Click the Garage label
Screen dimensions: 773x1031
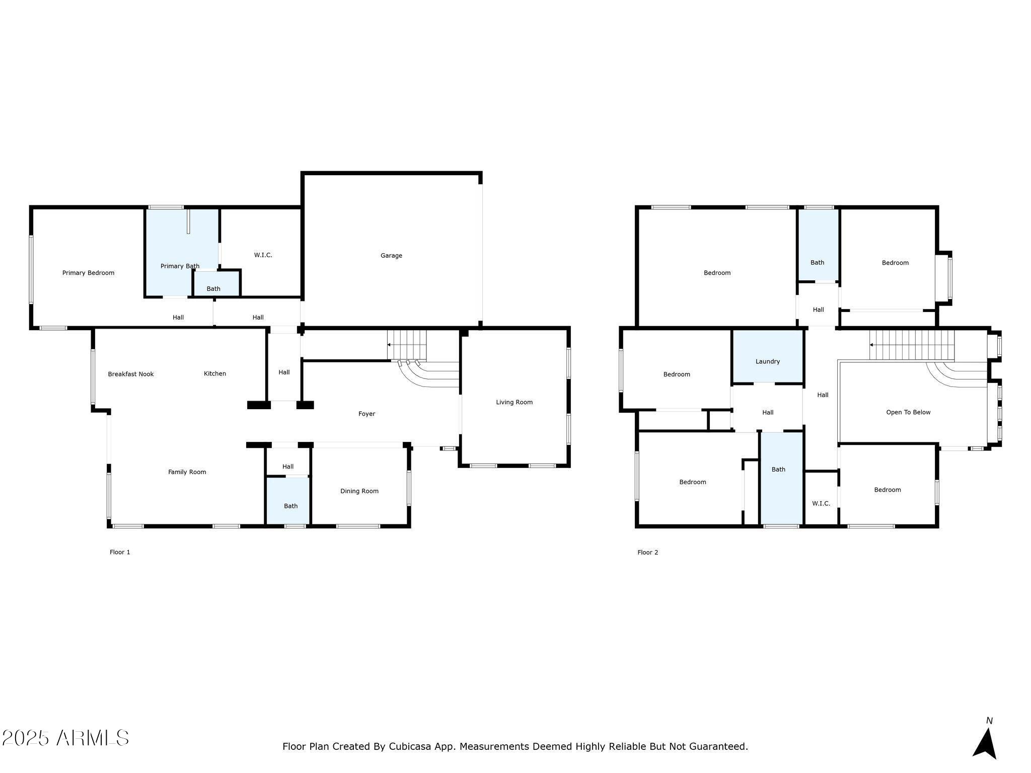(391, 256)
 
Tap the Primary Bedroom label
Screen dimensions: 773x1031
(88, 273)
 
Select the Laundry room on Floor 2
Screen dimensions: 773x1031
(767, 361)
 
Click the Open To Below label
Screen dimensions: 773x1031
(908, 412)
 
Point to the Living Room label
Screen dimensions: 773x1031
(514, 402)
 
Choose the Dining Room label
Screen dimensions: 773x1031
(359, 491)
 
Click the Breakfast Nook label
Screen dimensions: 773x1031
(131, 374)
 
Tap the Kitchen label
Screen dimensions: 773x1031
(215, 373)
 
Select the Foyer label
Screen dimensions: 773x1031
(366, 414)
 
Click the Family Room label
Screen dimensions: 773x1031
(187, 472)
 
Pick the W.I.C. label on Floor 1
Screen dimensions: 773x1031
(263, 255)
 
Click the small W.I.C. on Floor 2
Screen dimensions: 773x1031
(821, 503)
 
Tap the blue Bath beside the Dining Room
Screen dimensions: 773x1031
(290, 506)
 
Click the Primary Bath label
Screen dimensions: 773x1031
(180, 266)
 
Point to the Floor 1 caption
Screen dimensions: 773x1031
(120, 552)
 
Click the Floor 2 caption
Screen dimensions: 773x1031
(647, 552)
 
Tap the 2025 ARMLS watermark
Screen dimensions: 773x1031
(65, 738)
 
